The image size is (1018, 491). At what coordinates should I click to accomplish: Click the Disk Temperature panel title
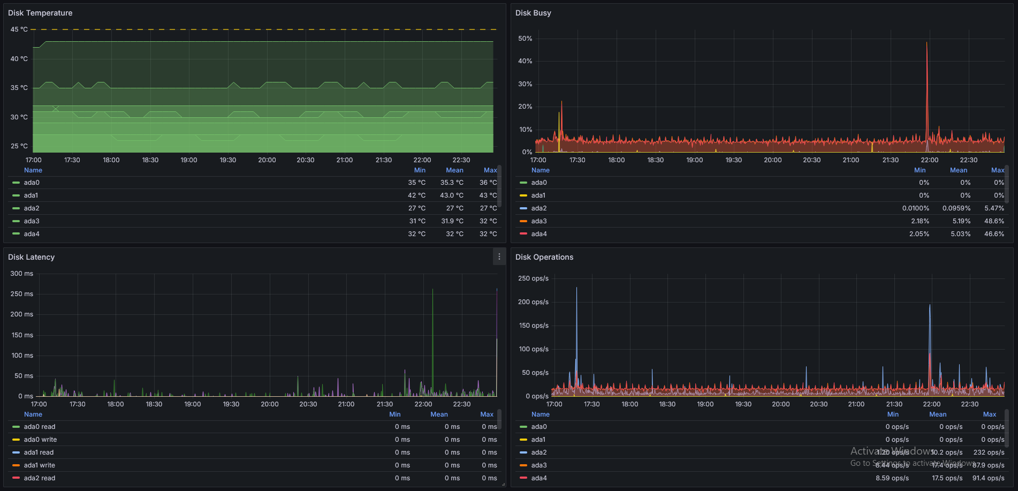(40, 13)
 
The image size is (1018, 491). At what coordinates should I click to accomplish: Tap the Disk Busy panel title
(533, 13)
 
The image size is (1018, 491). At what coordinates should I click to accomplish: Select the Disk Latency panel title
(31, 257)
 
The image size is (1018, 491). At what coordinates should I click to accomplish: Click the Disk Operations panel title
(544, 257)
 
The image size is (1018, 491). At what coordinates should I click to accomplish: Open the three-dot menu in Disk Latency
(499, 257)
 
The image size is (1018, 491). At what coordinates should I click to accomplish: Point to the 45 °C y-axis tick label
(19, 29)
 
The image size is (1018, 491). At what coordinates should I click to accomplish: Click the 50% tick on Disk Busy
(525, 39)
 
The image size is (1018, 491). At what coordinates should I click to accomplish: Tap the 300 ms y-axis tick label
(21, 274)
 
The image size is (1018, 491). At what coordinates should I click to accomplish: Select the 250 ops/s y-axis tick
(533, 278)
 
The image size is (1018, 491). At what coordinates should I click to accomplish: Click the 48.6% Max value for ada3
(994, 221)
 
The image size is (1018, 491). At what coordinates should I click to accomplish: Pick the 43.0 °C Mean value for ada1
(452, 195)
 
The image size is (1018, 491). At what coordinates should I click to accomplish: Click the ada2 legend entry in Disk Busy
(538, 208)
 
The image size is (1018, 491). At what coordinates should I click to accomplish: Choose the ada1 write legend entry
(39, 465)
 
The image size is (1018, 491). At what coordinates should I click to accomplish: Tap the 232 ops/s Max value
(989, 452)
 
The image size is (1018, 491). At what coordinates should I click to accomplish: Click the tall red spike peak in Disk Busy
(927, 43)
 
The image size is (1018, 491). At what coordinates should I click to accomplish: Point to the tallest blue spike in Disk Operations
(576, 289)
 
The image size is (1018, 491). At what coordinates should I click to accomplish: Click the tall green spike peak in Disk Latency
(432, 290)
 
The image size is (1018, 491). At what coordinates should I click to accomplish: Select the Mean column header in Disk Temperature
(454, 170)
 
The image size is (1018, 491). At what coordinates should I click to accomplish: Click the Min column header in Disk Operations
(893, 414)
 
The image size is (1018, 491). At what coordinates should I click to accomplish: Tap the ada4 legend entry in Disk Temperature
(32, 234)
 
